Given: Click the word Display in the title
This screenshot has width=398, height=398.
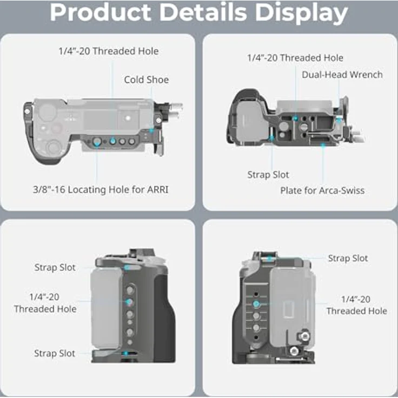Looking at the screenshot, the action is coord(301,13).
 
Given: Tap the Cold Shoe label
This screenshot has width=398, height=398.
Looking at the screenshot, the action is coord(147,79).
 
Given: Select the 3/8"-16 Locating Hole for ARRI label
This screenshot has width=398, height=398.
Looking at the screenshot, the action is coord(101,190).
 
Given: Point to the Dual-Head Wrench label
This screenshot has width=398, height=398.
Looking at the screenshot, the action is coord(342,75).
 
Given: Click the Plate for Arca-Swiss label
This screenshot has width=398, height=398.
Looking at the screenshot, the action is coord(322,190).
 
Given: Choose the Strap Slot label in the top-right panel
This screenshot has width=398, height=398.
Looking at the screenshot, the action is coord(268,175).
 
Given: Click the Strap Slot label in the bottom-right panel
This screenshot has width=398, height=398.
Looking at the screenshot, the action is coord(348,258).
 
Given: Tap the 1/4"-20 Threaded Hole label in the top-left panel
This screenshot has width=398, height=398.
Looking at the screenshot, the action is coord(109,51).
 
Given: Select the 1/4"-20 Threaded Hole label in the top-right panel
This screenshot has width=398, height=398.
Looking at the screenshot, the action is coord(295,58).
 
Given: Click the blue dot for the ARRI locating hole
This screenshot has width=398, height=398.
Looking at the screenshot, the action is coord(96,144).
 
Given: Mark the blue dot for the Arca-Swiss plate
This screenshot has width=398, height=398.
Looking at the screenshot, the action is coord(323,145).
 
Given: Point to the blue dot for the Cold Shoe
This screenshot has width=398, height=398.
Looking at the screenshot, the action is coord(151,131).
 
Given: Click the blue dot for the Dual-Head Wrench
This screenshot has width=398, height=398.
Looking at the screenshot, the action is coord(339,120).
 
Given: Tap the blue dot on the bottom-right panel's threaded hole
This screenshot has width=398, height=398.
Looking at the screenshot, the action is coord(256,304).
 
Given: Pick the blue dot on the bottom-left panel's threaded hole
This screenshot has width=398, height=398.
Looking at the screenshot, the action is coord(129,302).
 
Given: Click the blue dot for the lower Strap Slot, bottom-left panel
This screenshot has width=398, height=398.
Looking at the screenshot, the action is coord(125,353).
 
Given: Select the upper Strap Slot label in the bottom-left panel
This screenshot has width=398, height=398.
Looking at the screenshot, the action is coord(55,267).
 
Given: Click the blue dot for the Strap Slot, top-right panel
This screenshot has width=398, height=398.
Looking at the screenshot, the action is coord(271,138).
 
